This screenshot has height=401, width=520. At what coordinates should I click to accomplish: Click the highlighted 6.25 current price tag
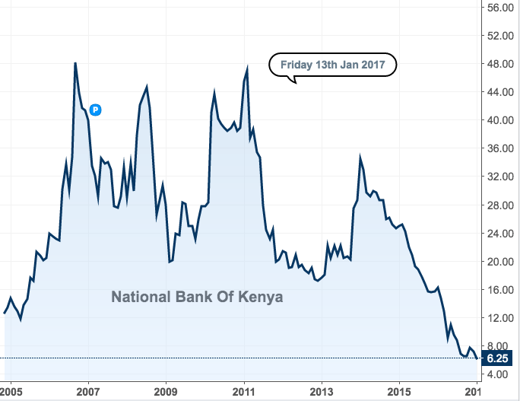[498, 358]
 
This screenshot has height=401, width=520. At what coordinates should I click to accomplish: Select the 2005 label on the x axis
[11, 391]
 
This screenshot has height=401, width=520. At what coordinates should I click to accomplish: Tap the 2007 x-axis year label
[88, 391]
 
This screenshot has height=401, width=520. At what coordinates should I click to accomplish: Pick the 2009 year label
[166, 391]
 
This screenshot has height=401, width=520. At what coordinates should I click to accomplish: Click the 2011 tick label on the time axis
[244, 391]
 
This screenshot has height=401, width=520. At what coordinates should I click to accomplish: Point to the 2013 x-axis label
[322, 391]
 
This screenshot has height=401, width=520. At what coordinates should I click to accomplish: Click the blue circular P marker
[96, 110]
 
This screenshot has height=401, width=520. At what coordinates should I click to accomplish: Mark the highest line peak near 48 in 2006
[75, 63]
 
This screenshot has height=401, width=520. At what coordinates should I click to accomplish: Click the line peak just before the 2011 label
[247, 68]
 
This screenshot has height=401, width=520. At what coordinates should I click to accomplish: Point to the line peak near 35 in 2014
[360, 158]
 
